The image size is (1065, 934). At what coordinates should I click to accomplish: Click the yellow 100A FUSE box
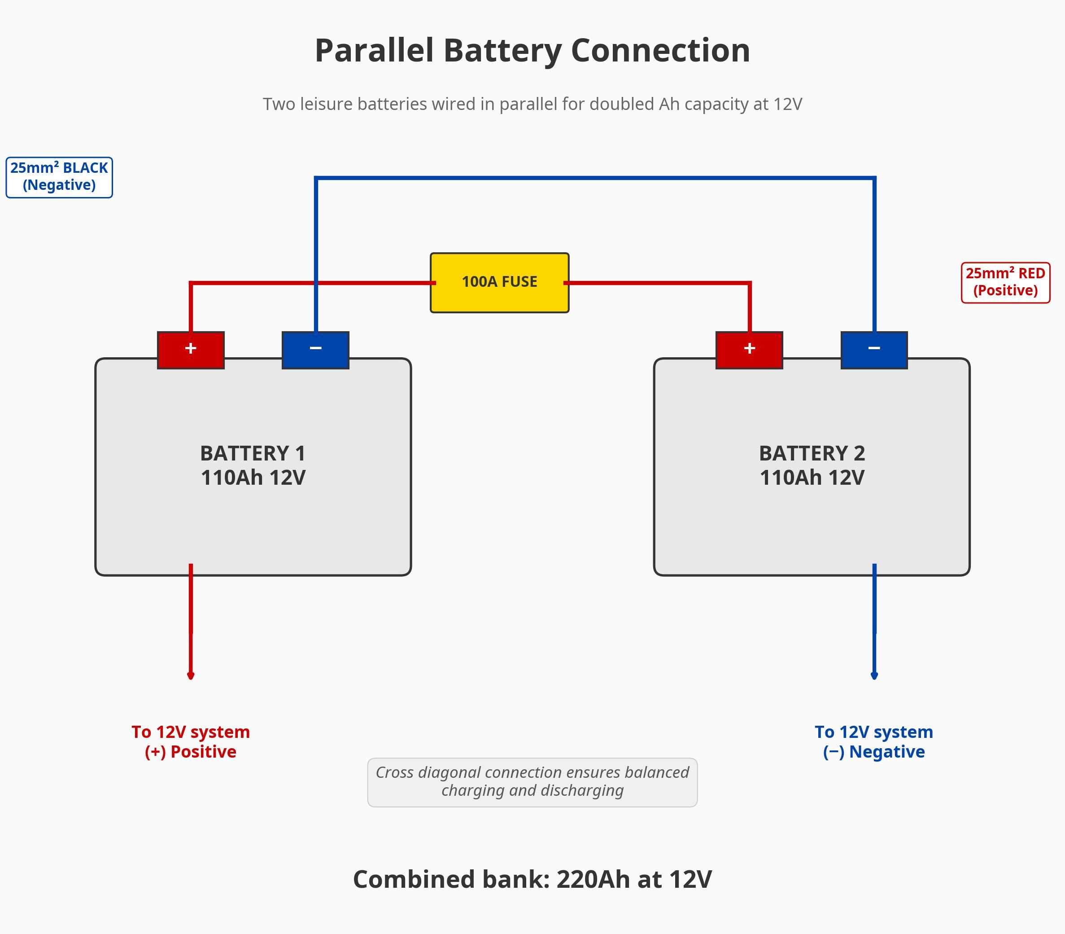499,282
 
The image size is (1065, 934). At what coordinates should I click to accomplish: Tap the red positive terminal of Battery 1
191,350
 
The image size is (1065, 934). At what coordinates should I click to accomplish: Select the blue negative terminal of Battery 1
315,350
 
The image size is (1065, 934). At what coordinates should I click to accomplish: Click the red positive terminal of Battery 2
749,350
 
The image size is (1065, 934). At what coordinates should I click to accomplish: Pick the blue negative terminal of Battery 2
874,350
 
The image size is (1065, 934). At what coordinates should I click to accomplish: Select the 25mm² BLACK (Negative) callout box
59,177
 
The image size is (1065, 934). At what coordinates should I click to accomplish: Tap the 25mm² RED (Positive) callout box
1005,282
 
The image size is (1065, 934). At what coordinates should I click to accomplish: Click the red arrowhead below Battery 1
191,675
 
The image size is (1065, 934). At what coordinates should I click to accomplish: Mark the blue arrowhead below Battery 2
874,675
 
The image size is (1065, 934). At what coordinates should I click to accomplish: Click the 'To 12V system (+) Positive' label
191,741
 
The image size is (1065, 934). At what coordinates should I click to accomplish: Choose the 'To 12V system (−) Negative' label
874,741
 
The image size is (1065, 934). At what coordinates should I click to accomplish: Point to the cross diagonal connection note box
532,782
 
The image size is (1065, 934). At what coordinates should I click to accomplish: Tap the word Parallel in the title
374,51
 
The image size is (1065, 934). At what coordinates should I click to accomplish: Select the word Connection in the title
660,51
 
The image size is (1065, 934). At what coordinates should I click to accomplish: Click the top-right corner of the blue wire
874,178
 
